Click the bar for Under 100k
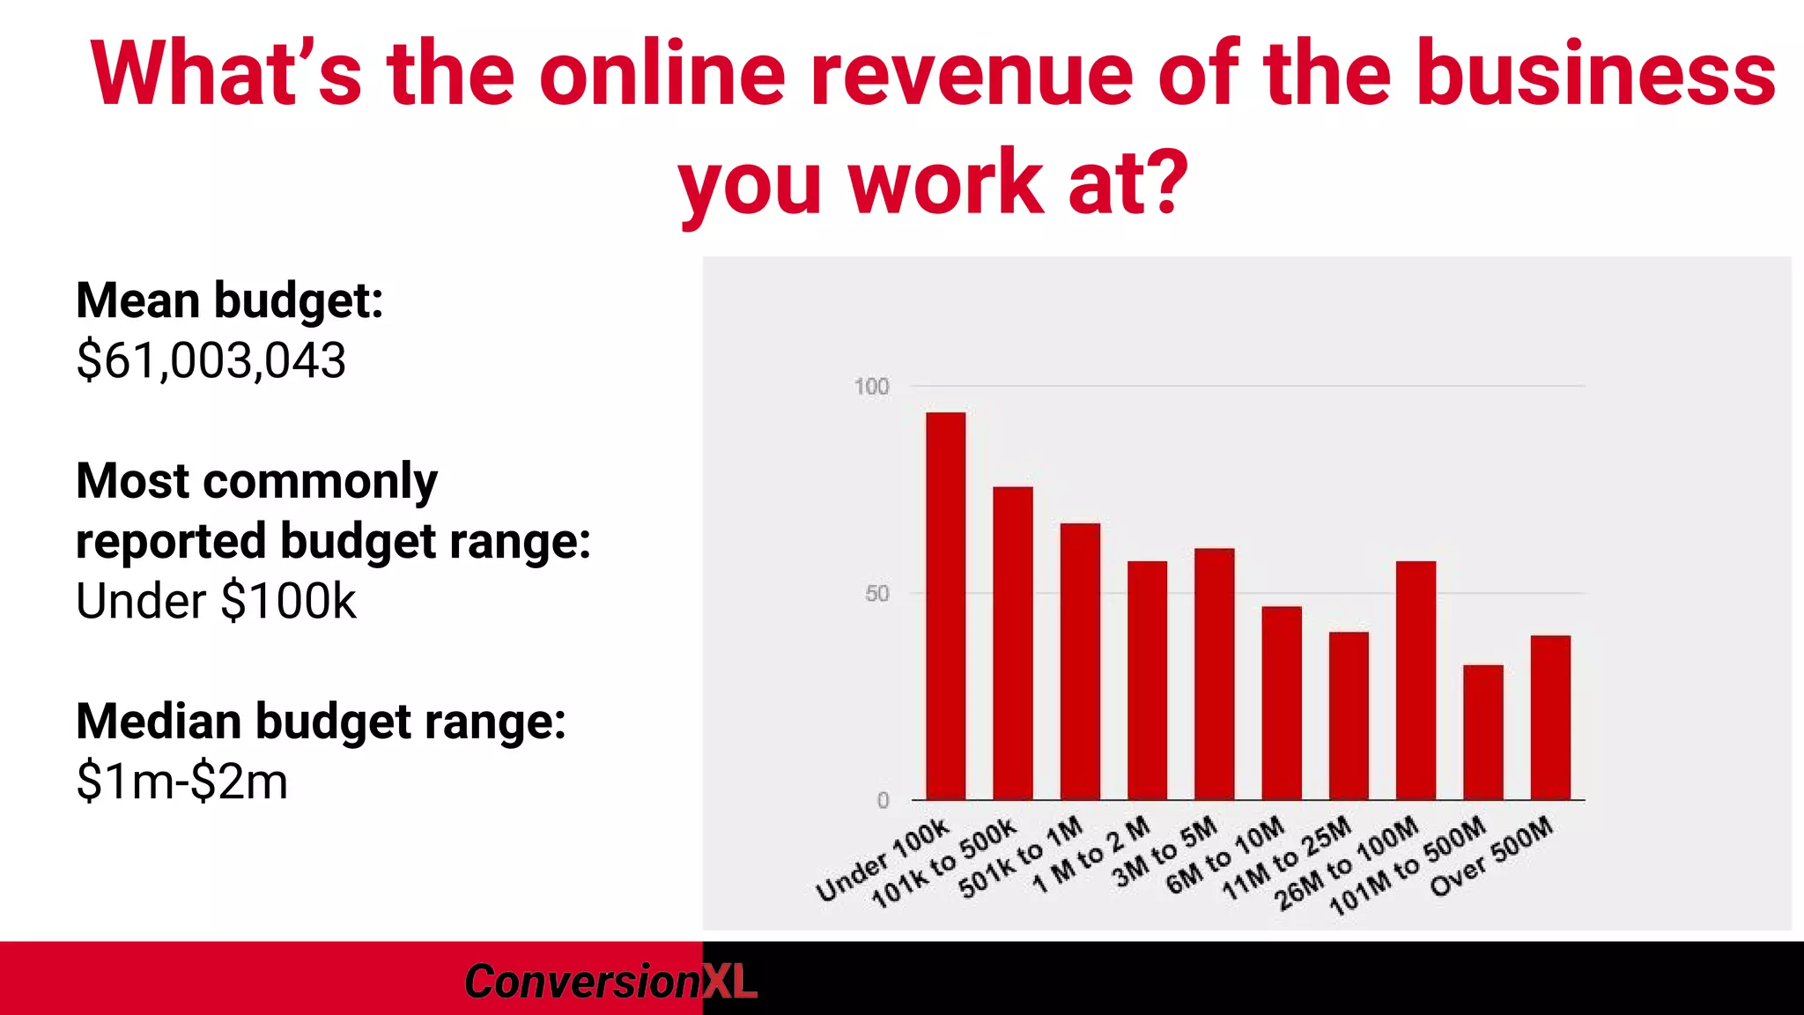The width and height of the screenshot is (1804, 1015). click(945, 606)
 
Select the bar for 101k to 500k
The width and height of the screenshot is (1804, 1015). click(1013, 643)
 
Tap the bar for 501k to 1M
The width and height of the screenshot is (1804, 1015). click(1080, 662)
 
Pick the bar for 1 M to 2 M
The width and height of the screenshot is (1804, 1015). click(1147, 680)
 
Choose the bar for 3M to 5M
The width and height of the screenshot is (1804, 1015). click(1214, 674)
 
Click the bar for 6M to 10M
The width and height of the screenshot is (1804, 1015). click(1282, 703)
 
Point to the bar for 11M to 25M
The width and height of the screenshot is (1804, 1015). click(1349, 715)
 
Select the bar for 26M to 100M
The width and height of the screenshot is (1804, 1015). click(1416, 680)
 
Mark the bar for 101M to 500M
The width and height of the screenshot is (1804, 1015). click(1483, 732)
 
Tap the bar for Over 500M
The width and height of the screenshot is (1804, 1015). click(1550, 717)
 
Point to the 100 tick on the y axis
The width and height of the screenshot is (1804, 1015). click(871, 387)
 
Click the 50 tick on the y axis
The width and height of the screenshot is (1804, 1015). click(876, 594)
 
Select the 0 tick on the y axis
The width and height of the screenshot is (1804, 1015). click(883, 800)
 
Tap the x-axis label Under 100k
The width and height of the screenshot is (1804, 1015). click(882, 860)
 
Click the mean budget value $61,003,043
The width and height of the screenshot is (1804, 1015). click(211, 360)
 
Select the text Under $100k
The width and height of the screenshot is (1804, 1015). click(216, 601)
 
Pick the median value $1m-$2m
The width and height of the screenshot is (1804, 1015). click(182, 782)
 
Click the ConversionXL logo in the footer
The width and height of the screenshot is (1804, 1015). click(610, 981)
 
